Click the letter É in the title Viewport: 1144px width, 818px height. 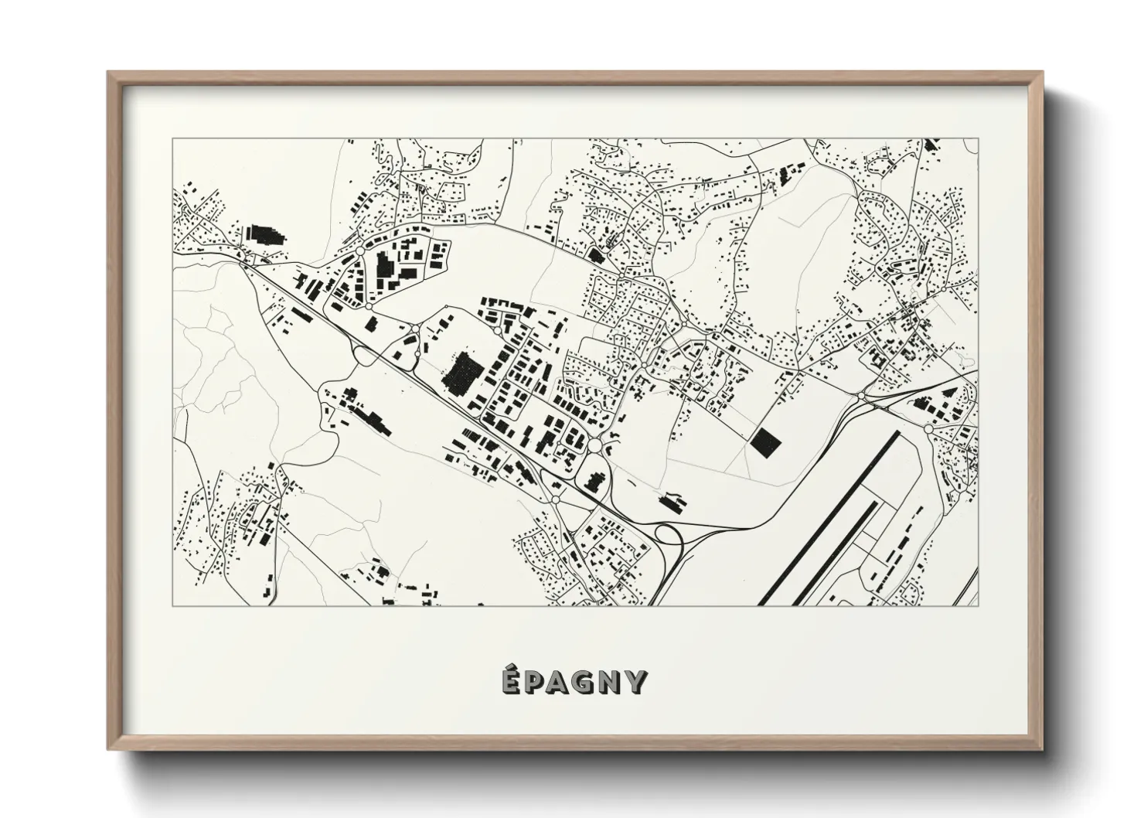point(509,681)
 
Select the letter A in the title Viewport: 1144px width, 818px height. point(560,683)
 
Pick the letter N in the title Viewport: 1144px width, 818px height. point(612,683)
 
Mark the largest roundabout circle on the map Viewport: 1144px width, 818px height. point(594,446)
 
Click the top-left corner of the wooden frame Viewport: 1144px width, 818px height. point(109,73)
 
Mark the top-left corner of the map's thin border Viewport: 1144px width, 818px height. point(172,138)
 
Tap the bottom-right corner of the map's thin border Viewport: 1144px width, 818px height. point(978,605)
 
